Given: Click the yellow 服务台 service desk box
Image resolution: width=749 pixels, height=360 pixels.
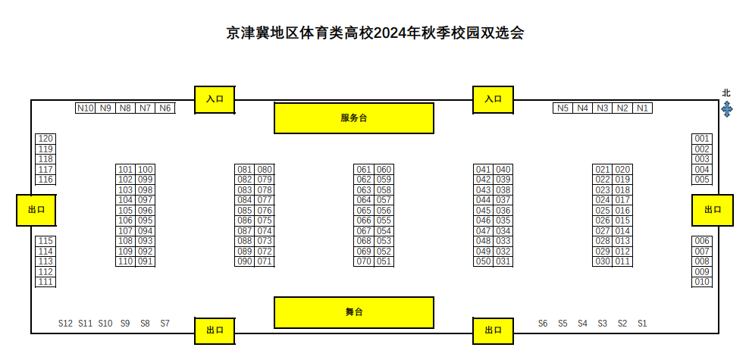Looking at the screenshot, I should [x=353, y=118].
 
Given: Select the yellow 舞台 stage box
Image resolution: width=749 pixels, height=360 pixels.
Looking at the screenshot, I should [x=353, y=312].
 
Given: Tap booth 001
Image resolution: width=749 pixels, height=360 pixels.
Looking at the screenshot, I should [x=702, y=139].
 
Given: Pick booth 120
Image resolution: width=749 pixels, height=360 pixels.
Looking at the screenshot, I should [x=45, y=139].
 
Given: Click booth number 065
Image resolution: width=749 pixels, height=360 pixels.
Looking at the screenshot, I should [x=364, y=211].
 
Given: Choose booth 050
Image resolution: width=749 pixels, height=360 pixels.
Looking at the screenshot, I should [x=484, y=261].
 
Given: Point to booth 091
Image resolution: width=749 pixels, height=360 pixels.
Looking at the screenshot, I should [x=146, y=261].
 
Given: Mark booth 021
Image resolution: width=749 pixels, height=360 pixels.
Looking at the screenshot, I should [x=603, y=170].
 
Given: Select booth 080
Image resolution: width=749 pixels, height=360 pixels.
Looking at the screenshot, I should [x=265, y=170].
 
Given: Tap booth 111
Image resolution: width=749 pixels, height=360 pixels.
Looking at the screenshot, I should [x=45, y=282].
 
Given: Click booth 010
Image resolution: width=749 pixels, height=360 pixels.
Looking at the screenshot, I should [x=702, y=282].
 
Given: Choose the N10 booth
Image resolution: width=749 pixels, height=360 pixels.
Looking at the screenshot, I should [x=85, y=108].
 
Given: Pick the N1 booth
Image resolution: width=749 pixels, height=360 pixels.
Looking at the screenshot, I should [x=643, y=108].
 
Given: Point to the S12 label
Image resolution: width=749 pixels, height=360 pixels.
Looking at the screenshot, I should [x=65, y=324].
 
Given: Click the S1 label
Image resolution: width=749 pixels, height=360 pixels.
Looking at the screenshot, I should [x=643, y=324].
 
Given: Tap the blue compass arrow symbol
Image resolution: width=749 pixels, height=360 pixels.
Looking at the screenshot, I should [x=726, y=109].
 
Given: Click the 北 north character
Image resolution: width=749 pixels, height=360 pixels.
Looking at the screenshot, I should [x=726, y=93].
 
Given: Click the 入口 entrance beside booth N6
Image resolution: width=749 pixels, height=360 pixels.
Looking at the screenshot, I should [x=215, y=99].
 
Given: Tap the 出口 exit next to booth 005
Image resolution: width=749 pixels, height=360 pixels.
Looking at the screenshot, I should [x=713, y=210].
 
